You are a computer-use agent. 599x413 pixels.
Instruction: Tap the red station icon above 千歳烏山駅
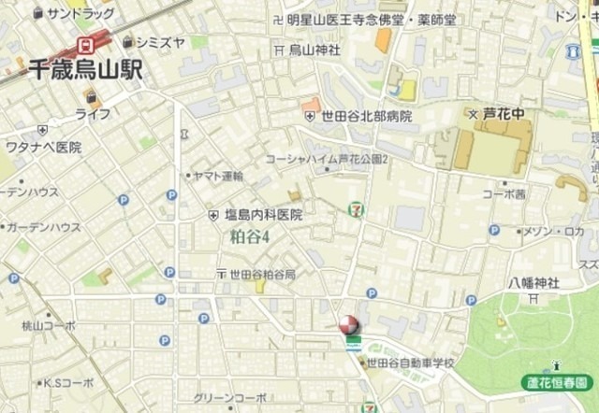tap(88, 43)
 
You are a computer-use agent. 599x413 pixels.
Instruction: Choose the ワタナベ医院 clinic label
tap(43, 148)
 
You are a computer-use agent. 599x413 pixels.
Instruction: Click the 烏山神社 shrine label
tap(314, 49)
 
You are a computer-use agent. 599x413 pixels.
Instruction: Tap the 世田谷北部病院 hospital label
tap(366, 116)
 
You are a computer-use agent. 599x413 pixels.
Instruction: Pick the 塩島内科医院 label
tap(263, 215)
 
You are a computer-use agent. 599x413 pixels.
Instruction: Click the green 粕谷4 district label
tap(250, 236)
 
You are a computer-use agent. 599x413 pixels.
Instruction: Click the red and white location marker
tap(347, 324)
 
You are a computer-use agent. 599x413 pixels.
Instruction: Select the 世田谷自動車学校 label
tap(410, 362)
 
